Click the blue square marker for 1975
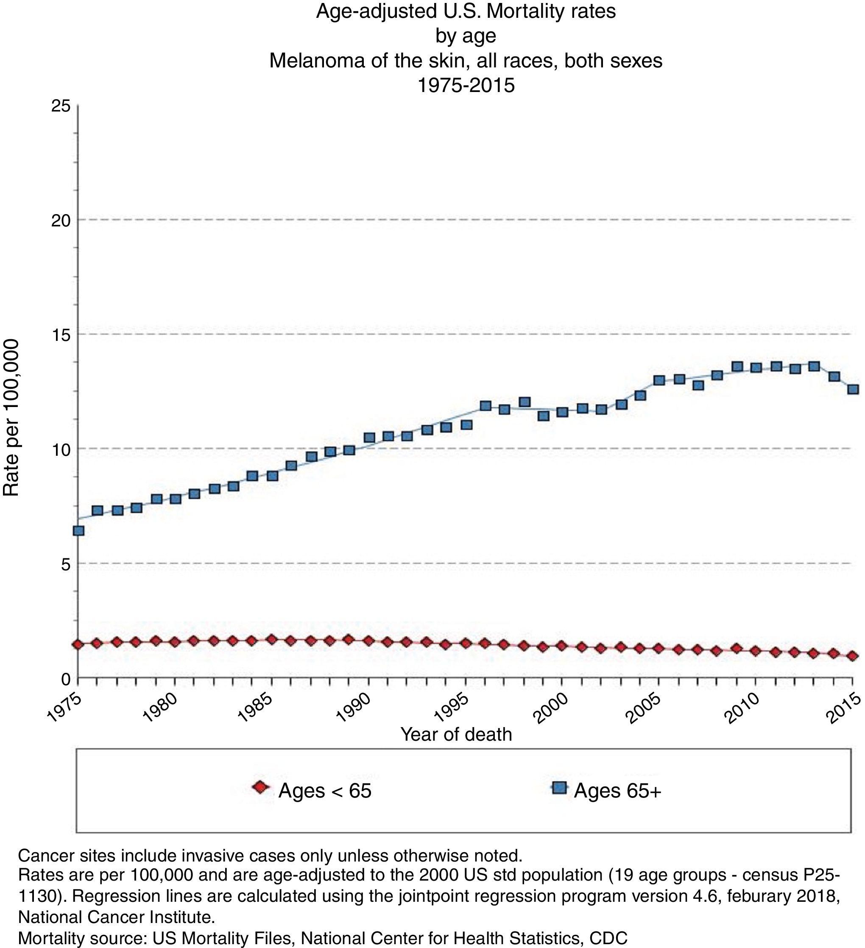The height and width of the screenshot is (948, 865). click(78, 531)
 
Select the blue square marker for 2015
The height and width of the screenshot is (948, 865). click(853, 389)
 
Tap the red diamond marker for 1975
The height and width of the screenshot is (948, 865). click(78, 644)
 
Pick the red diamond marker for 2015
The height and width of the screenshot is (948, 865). click(853, 656)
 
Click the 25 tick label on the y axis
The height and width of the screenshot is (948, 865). click(61, 106)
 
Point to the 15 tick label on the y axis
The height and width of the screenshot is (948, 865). click(61, 335)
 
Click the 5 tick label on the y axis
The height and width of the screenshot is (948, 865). click(65, 564)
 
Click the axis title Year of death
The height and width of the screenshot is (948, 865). click(456, 734)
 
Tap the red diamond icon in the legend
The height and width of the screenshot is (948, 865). click(259, 787)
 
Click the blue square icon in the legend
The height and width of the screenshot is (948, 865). click(559, 787)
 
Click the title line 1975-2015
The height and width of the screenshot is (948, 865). click(466, 85)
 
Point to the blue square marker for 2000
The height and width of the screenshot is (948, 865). click(562, 412)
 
